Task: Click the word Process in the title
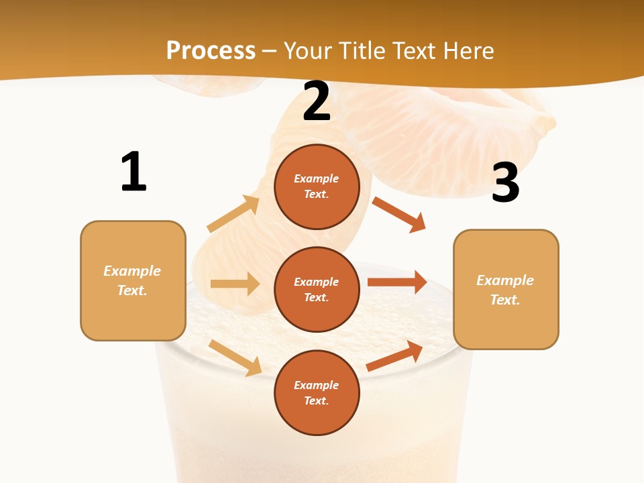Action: point(211,51)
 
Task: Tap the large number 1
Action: point(133,172)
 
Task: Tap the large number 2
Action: point(317,102)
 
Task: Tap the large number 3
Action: point(505,183)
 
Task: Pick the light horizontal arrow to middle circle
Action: point(235,284)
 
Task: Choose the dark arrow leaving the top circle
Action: point(398,214)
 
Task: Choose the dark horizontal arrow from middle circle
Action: point(397,282)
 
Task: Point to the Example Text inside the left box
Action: point(132,280)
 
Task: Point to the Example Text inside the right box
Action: point(505,290)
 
